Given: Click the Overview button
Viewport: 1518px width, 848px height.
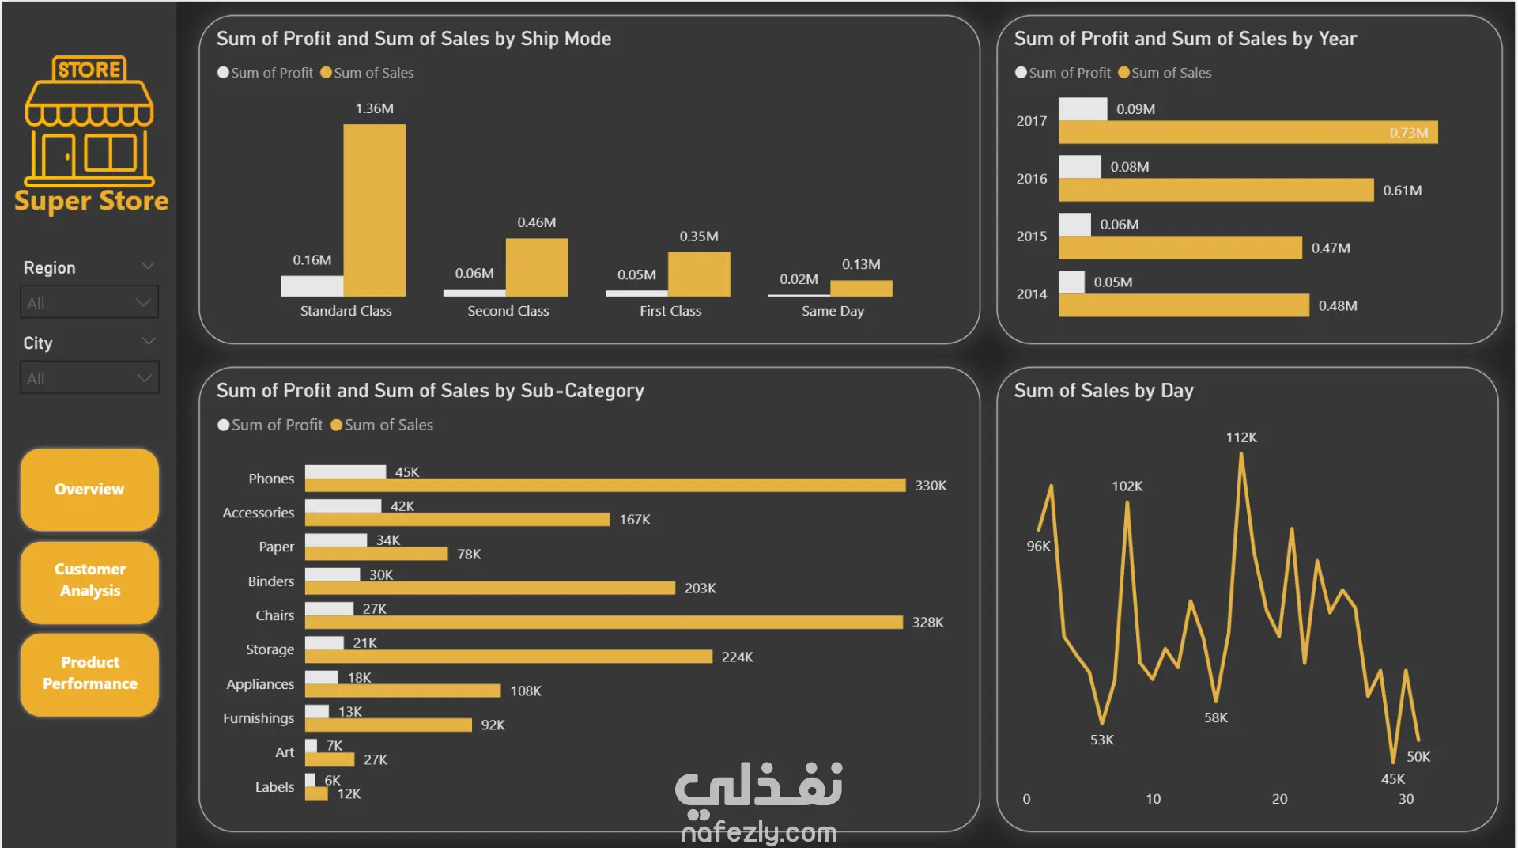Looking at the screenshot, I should [89, 490].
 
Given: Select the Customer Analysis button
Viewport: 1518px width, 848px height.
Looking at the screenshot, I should [89, 581].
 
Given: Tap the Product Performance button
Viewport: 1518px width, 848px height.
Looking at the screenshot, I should [89, 673].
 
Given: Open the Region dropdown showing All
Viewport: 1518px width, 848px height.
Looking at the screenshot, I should [89, 303].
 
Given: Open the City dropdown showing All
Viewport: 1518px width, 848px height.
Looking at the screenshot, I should [89, 378].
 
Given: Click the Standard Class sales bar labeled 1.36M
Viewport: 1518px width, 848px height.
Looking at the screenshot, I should [374, 210].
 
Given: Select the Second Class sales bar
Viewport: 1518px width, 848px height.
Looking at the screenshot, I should [536, 267].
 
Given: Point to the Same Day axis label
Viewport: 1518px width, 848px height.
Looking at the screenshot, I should [833, 311].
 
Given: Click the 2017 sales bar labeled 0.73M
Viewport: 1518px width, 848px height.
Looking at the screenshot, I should [1248, 132].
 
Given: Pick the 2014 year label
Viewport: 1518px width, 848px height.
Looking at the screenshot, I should [1031, 294].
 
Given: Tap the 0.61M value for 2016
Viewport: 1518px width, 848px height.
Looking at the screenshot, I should [1402, 191].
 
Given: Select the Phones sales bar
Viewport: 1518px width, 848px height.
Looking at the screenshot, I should [605, 485].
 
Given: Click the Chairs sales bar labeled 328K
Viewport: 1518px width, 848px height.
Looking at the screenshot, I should [603, 623].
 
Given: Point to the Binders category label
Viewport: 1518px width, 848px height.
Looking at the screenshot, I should [270, 581].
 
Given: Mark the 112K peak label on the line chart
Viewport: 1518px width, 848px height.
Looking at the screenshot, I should [1240, 437].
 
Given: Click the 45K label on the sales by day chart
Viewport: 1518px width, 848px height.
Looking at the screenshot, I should [1392, 779].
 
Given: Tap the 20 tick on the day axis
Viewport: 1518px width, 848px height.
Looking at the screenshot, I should [1279, 799].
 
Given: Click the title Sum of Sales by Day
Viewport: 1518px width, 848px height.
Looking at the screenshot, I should [1103, 391].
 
